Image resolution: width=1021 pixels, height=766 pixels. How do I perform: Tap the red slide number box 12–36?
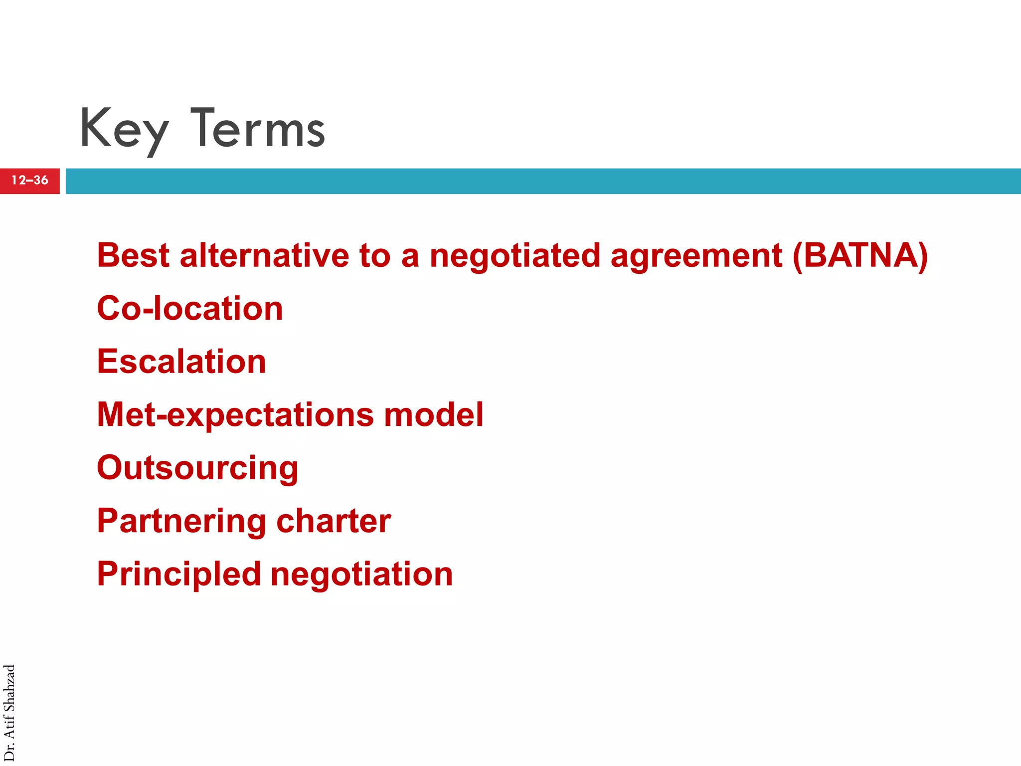[30, 181]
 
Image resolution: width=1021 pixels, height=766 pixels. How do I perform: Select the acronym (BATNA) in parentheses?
[860, 255]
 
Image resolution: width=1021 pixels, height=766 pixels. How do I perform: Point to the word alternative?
[264, 255]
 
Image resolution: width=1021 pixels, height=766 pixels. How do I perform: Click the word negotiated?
[514, 255]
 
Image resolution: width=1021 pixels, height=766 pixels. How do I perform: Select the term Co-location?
[190, 308]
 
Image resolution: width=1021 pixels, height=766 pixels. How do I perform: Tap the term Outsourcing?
[197, 468]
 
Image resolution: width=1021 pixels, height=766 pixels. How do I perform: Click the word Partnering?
[181, 522]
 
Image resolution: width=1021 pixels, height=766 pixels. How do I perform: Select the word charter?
[334, 521]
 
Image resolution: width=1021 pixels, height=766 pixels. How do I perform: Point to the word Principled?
[179, 574]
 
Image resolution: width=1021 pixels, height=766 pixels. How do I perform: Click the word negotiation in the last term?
[361, 574]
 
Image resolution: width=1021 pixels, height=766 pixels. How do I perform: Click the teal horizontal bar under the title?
[543, 181]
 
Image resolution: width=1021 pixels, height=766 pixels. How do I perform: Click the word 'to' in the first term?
[374, 255]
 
